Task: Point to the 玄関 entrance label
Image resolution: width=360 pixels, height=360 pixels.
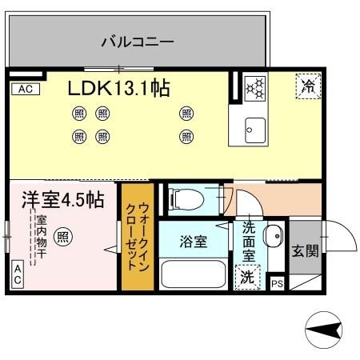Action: click(x=305, y=250)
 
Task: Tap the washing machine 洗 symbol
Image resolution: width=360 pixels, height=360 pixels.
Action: click(x=246, y=276)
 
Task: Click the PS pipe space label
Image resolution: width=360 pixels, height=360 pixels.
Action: click(x=277, y=283)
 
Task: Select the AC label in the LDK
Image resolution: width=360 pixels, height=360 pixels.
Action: click(x=23, y=89)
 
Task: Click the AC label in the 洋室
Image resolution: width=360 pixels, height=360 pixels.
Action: click(x=17, y=276)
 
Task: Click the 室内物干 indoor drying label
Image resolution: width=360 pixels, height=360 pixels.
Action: click(x=38, y=237)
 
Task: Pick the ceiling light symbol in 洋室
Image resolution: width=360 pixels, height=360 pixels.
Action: click(x=63, y=237)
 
